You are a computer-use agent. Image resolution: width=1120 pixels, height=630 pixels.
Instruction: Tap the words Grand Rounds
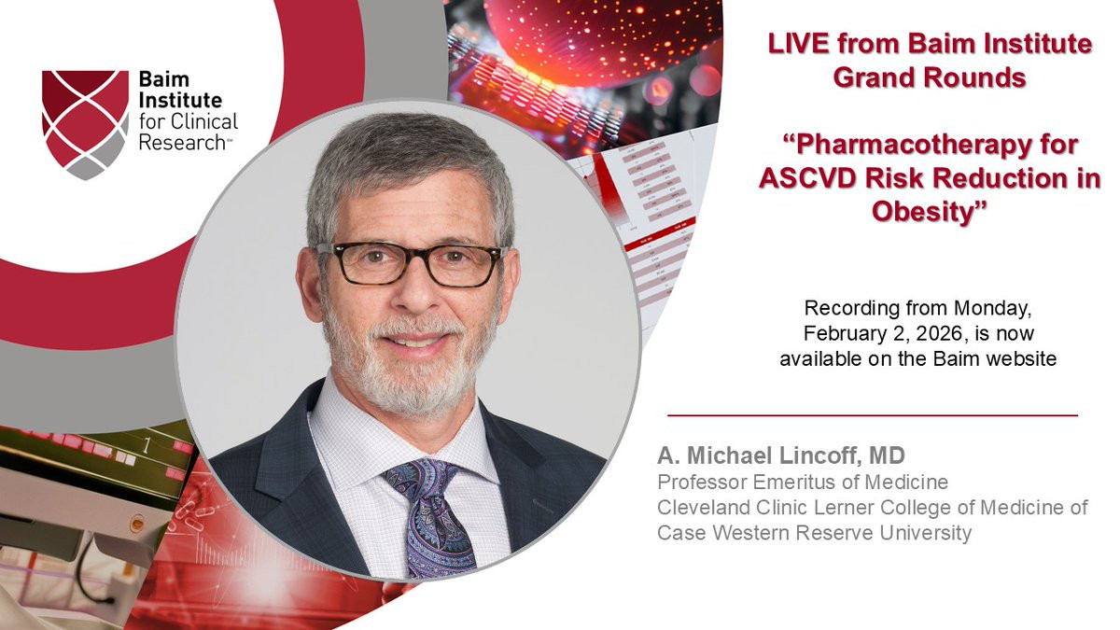[x=930, y=77]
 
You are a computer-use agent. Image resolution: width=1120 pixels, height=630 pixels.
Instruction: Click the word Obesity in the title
[x=929, y=212]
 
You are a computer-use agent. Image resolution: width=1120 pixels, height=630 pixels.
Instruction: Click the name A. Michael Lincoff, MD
[x=781, y=455]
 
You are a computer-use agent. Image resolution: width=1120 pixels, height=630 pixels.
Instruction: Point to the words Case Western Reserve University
[x=814, y=533]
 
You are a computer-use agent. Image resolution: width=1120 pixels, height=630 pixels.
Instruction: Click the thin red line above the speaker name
[x=873, y=415]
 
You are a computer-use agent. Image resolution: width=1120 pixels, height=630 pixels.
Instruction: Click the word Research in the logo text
[x=183, y=143]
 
